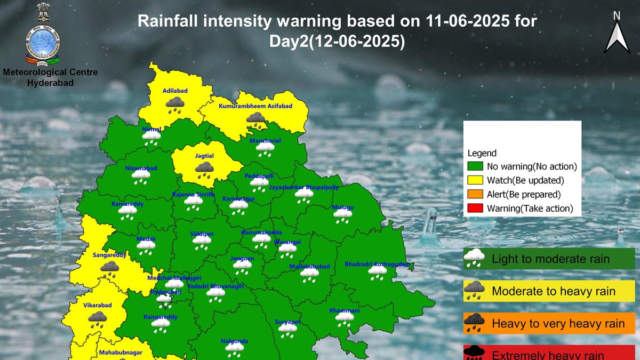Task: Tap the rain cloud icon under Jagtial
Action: [x=204, y=170]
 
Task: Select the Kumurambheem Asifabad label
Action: [x=255, y=107]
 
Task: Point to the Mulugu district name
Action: [x=342, y=207]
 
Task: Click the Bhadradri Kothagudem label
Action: [x=378, y=264]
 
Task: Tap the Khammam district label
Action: [x=344, y=310]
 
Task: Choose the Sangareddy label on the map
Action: [x=109, y=255]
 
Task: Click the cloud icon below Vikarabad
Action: [x=97, y=319]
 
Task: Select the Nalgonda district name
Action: [x=234, y=341]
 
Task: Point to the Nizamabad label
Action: [x=141, y=168]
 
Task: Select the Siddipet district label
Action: [x=202, y=234]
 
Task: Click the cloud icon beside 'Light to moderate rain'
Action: [x=474, y=259]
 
